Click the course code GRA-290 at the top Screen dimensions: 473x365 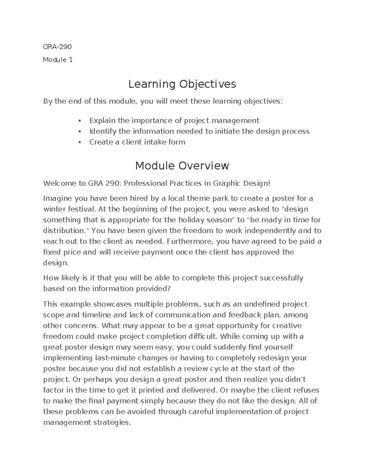click(x=57, y=47)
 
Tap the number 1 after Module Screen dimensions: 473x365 click(x=71, y=60)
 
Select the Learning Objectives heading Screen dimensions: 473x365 click(x=182, y=84)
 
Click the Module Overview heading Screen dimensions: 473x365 click(x=182, y=166)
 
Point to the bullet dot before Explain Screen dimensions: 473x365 click(x=80, y=121)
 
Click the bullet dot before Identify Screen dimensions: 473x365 click(x=80, y=132)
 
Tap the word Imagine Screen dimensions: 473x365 click(x=57, y=199)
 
